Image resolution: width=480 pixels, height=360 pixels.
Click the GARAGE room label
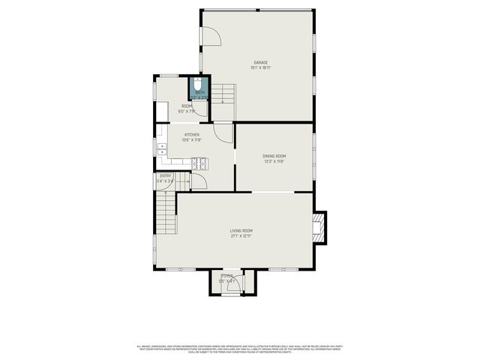pos(260,62)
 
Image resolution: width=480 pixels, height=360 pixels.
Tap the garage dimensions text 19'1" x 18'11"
pos(260,68)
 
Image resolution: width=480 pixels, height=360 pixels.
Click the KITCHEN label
pos(192,135)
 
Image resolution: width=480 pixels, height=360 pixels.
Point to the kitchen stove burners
pos(199,163)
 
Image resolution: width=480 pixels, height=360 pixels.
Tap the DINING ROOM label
pos(274,156)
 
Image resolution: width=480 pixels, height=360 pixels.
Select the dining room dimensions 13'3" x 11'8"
pos(274,161)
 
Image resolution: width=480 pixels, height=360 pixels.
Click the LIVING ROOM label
pos(241,230)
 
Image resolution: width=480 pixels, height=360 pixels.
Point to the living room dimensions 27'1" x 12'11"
pos(241,236)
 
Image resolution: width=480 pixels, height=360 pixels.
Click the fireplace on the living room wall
pos(321,227)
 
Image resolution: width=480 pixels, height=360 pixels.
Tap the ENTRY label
pos(165,175)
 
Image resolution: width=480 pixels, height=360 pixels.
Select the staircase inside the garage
pos(223,94)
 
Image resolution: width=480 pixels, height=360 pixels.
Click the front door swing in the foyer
pos(232,277)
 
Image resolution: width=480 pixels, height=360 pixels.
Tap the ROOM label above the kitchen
pos(187,106)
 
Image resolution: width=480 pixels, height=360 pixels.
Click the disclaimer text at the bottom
pos(240,348)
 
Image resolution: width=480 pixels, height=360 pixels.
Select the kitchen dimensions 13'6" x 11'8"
pos(192,140)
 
